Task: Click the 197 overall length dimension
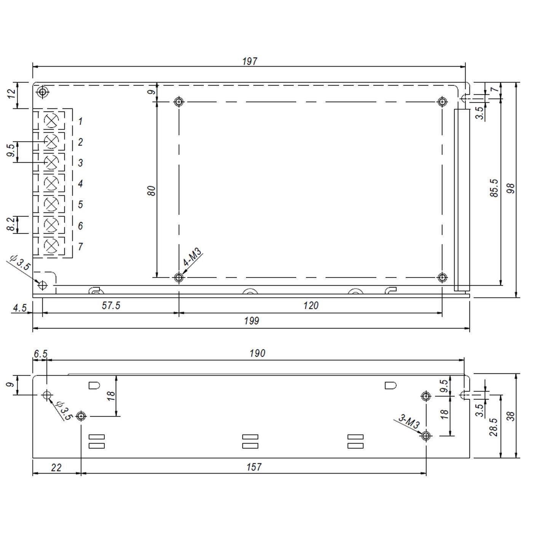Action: pos(250,61)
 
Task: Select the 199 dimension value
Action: pos(251,321)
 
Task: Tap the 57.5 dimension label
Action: pos(111,306)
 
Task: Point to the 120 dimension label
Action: pos(311,306)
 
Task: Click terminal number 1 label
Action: pos(80,122)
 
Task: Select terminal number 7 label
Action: pos(80,247)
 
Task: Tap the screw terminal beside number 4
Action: pos(51,184)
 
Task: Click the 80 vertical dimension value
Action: pos(152,190)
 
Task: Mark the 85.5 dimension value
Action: pos(494,188)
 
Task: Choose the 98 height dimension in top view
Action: pos(511,188)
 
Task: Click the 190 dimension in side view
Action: pos(257,353)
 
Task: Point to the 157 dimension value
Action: pos(254,467)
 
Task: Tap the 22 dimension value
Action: pos(56,467)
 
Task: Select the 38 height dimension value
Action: pos(512,416)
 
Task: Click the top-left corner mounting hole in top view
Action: pos(43,92)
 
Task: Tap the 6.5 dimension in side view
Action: pos(40,354)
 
